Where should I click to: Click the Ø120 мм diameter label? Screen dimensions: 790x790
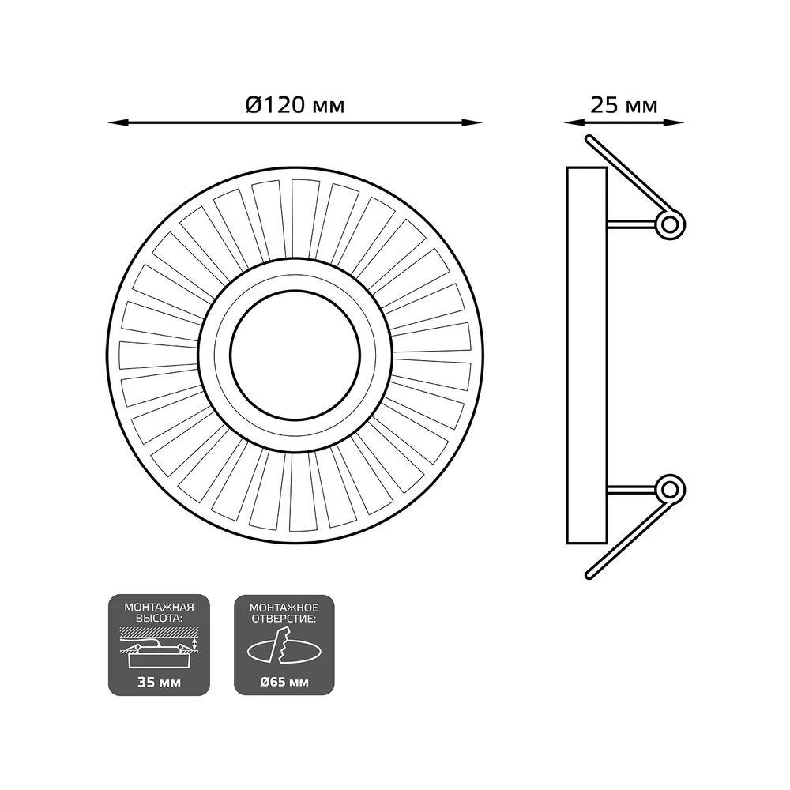[x=295, y=105]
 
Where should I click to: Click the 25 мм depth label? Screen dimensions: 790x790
[x=624, y=106]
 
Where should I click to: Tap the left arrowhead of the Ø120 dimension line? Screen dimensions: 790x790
[x=118, y=122]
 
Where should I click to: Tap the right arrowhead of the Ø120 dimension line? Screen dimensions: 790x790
[x=472, y=122]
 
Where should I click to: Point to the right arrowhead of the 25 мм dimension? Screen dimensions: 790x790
[x=674, y=122]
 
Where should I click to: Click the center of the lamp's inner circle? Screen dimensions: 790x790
[x=295, y=355]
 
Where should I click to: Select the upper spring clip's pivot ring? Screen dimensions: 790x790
[x=670, y=224]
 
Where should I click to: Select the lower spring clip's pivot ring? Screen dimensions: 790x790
[x=670, y=489]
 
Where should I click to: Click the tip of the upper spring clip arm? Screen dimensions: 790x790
[x=589, y=137]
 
